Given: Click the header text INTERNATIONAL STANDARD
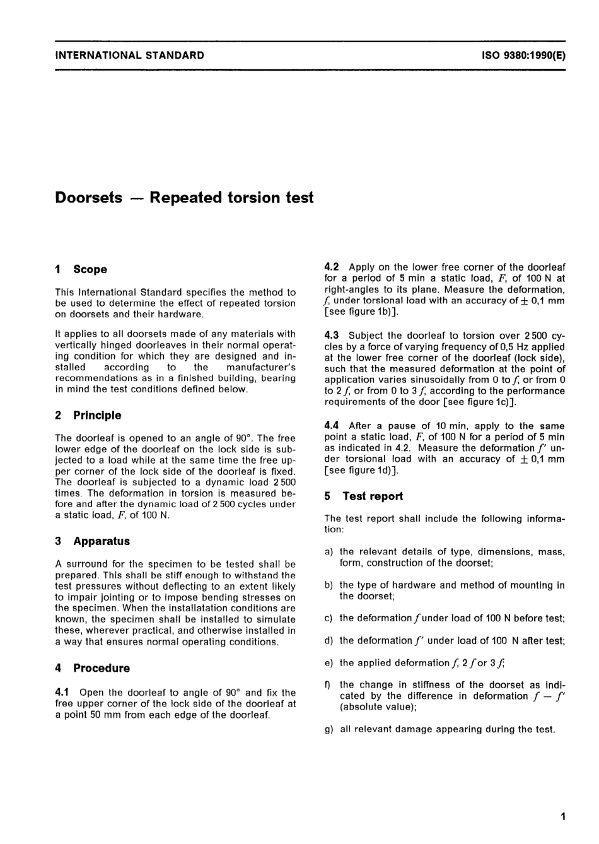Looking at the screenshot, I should [130, 56].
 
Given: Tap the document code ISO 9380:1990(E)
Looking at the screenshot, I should [523, 56].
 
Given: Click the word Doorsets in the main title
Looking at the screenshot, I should [89, 197].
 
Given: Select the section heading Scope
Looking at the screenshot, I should [90, 269].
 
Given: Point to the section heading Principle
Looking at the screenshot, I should [97, 415].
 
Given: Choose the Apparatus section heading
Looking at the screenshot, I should [102, 541].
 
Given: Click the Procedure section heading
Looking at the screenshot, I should [102, 668].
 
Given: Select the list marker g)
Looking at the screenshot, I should [329, 729].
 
